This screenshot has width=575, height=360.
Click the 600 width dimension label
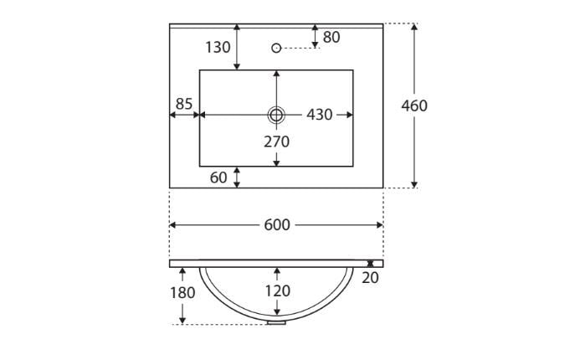[x=277, y=225]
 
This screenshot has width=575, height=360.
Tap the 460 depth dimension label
[x=414, y=105]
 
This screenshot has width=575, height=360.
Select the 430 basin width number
[x=320, y=115]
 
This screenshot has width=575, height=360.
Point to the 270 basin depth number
[x=276, y=141]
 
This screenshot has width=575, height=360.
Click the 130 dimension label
[x=218, y=48]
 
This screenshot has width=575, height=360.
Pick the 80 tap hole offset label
[x=331, y=37]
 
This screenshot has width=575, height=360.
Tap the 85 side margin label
[x=184, y=104]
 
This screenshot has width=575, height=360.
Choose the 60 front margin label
[x=218, y=177]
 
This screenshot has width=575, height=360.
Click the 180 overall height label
[x=182, y=293]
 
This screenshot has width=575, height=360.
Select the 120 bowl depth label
[x=278, y=291]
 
